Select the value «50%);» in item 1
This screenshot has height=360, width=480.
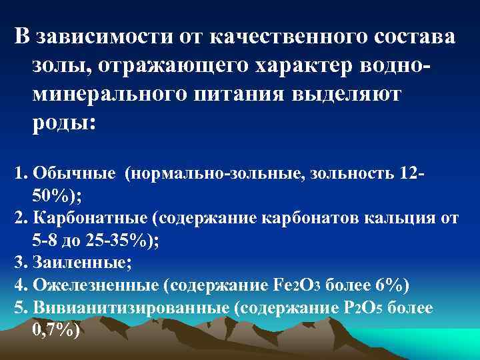click(55, 197)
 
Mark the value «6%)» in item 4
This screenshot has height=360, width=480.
click(393, 285)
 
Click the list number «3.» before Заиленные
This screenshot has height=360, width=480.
click(19, 263)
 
